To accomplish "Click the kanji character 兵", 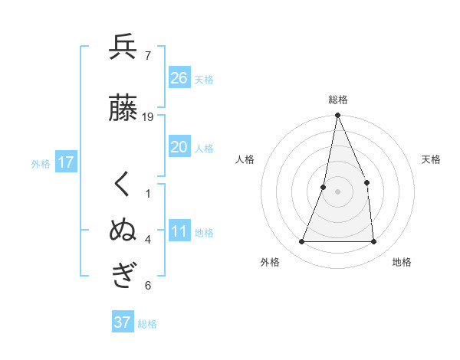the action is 123,47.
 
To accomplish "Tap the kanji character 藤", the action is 123,109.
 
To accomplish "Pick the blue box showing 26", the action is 179,78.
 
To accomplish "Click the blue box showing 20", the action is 179,147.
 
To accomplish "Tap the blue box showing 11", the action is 179,231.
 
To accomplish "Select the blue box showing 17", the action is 66,162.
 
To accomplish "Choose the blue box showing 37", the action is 123,322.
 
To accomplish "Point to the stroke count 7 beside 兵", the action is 147,56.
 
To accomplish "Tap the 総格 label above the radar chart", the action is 337,100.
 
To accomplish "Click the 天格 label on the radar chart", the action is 431,159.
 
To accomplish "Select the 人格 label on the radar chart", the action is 245,159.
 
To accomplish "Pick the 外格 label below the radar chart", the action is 270,262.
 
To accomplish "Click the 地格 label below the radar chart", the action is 402,262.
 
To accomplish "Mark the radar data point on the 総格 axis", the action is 337,116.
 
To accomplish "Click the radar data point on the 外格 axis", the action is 301,242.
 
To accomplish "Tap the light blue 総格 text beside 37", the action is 147,324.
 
